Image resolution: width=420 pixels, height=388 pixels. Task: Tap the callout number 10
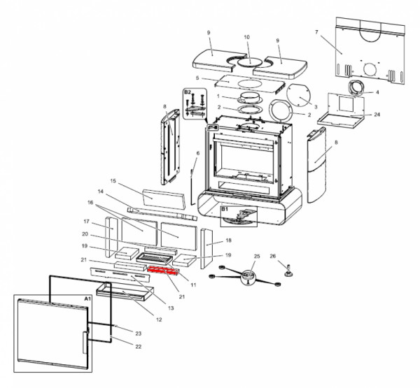[x=246, y=36]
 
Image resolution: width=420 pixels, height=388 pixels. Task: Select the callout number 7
[x=316, y=33]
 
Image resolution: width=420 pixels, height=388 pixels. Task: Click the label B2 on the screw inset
[x=188, y=92]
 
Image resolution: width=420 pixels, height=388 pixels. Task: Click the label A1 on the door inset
[x=87, y=299]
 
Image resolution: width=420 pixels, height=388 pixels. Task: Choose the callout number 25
[x=256, y=257]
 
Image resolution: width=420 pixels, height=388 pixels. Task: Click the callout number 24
[x=377, y=114]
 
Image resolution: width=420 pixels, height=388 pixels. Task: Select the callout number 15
[x=112, y=180]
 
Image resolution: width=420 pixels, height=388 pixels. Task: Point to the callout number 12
[x=159, y=319]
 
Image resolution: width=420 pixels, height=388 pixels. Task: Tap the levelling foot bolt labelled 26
[x=286, y=269]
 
